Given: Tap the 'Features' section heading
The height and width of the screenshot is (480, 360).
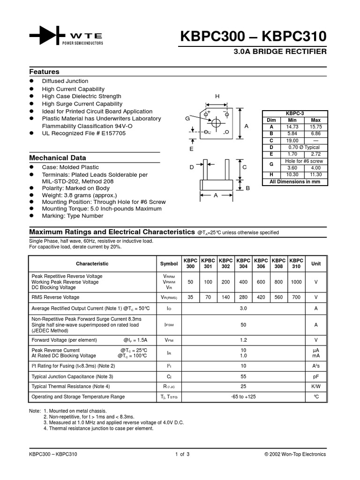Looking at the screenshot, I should point(44,72).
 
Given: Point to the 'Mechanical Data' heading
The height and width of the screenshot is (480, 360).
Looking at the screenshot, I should point(58,158).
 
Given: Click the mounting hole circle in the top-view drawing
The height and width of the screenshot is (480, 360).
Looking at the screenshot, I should point(217,123).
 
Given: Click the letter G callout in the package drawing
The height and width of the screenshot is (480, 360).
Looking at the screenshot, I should point(187,119).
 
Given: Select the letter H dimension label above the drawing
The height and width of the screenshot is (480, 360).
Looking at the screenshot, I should point(217,96).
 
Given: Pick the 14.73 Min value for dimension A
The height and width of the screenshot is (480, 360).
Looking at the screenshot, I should point(292,127).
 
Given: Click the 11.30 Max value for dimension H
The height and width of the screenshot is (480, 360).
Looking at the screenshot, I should point(316,174).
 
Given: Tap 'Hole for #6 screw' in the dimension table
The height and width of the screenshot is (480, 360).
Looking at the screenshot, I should point(304,161).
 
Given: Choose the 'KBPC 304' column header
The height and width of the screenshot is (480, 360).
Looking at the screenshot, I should point(243,263).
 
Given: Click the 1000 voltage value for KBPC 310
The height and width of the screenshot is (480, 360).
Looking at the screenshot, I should point(296,282).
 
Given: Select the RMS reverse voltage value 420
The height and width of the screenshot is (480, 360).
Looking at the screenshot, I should point(261,297).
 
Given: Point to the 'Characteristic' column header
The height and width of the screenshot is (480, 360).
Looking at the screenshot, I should point(92,264).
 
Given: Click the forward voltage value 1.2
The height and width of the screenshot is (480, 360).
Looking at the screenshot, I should point(243,340).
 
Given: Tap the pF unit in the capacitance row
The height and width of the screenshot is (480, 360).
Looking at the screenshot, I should point(316,376).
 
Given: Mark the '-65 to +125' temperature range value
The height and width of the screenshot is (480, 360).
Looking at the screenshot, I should point(243,397).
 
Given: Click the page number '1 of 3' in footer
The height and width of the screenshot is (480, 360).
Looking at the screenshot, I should point(182,454).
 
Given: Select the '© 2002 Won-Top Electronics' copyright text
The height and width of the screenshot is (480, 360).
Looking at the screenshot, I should point(295,454).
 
